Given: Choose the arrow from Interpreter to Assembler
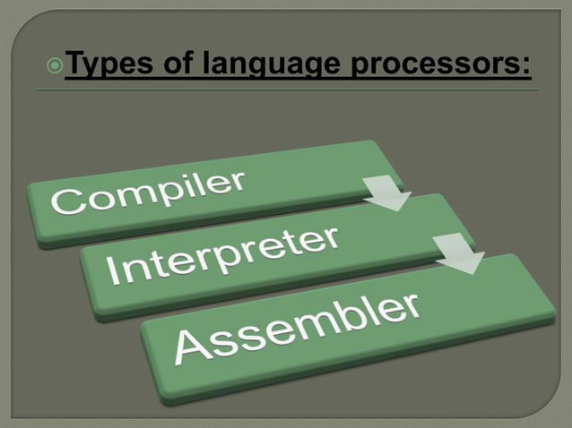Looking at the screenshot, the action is (x=461, y=254).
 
